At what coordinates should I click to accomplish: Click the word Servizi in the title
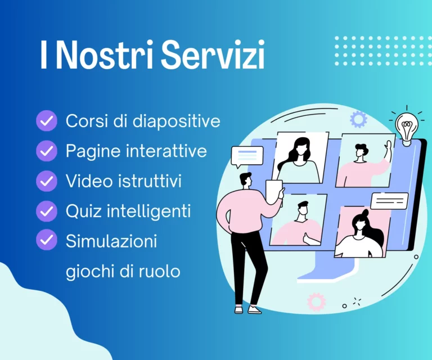coord(213,54)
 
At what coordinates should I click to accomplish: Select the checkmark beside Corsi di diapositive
coord(47,120)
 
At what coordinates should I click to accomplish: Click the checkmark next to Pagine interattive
coord(47,151)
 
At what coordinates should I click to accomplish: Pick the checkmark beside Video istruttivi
coord(47,181)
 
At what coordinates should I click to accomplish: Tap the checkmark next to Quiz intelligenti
coord(47,211)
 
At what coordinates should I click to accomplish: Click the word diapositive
coord(177,121)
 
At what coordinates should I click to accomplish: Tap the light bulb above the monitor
coord(406,129)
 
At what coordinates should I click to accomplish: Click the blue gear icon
coord(358,119)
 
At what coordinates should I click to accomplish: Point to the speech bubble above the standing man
coord(247,156)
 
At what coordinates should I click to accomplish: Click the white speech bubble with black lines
coord(389,201)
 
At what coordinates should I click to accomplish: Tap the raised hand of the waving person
coord(389,148)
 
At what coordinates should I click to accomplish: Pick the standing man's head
coord(245,181)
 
